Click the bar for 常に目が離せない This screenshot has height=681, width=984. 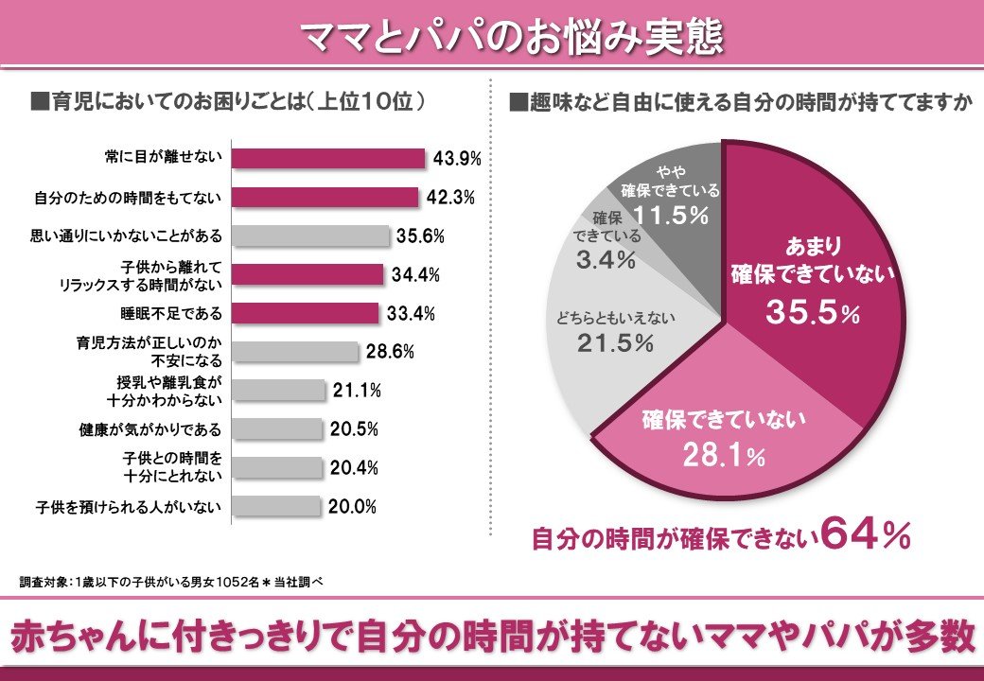click(327, 158)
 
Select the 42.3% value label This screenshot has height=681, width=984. click(450, 198)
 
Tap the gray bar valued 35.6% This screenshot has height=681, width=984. click(310, 236)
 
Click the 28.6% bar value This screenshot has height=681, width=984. click(391, 352)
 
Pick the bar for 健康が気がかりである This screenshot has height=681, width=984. click(277, 428)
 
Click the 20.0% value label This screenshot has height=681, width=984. click(352, 507)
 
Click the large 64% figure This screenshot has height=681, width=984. click(866, 535)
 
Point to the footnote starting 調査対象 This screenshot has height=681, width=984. click(171, 581)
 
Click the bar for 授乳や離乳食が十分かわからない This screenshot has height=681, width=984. click(277, 390)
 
